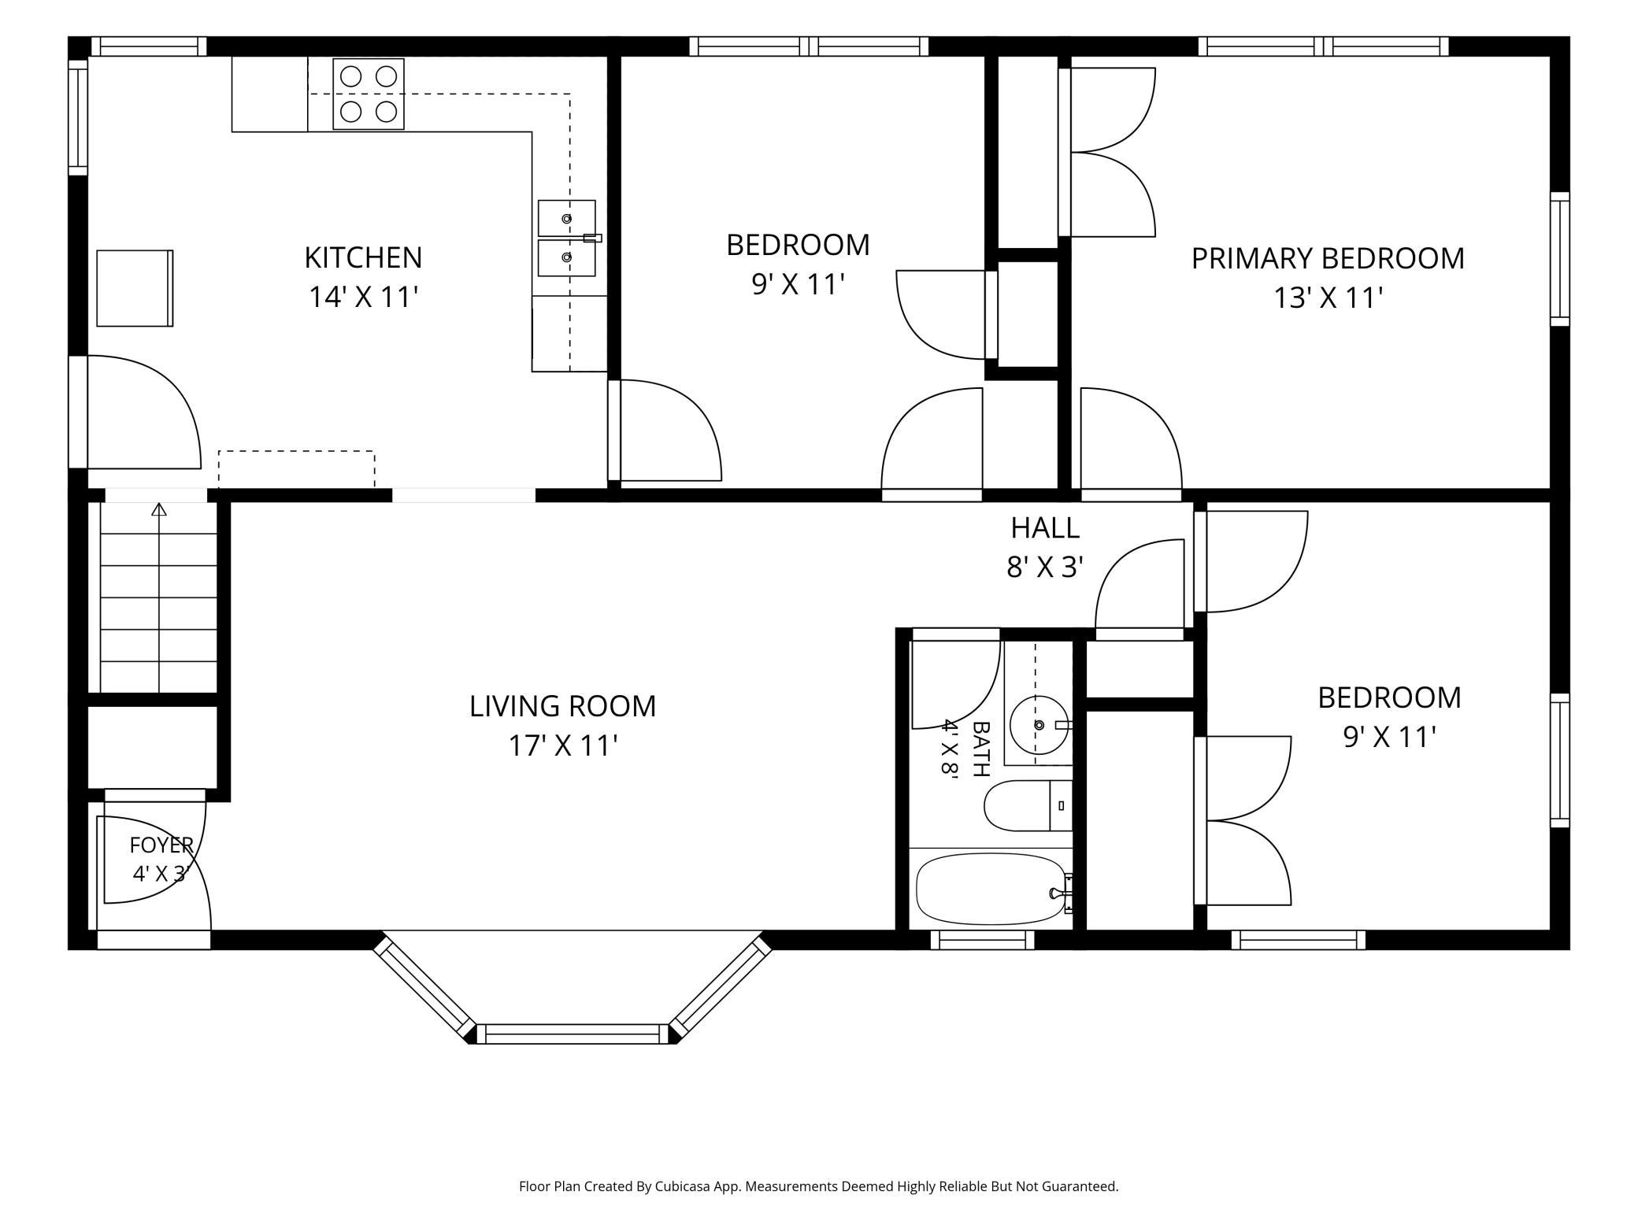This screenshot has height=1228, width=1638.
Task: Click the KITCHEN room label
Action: [x=363, y=257]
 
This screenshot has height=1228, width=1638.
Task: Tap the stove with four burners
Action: [x=369, y=94]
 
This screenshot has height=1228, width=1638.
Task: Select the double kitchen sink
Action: [x=567, y=239]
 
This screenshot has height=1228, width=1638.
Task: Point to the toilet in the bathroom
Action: [x=1028, y=805]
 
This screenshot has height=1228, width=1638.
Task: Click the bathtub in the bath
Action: [x=992, y=890]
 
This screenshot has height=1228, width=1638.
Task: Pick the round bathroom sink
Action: [x=1039, y=725]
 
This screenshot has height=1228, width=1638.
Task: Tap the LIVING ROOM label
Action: [x=562, y=706]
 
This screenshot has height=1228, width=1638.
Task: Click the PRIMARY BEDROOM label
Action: [x=1328, y=258]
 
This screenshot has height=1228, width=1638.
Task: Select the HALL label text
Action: [x=1045, y=528]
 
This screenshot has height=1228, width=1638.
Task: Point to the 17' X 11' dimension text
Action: [x=562, y=745]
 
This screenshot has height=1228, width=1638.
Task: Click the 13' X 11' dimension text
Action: [x=1329, y=298]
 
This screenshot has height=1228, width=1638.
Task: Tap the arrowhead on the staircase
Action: [x=160, y=509]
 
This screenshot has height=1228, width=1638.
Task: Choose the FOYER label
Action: [x=161, y=845]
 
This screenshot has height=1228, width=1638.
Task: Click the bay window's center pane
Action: [x=573, y=1034]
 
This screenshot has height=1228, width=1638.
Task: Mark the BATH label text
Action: [x=980, y=749]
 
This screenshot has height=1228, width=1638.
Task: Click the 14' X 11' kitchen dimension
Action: [x=363, y=297]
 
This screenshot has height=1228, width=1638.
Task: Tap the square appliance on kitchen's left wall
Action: [x=135, y=288]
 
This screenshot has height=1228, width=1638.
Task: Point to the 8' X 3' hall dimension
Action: [x=1045, y=567]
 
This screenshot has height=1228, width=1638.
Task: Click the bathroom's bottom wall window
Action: [x=982, y=940]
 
